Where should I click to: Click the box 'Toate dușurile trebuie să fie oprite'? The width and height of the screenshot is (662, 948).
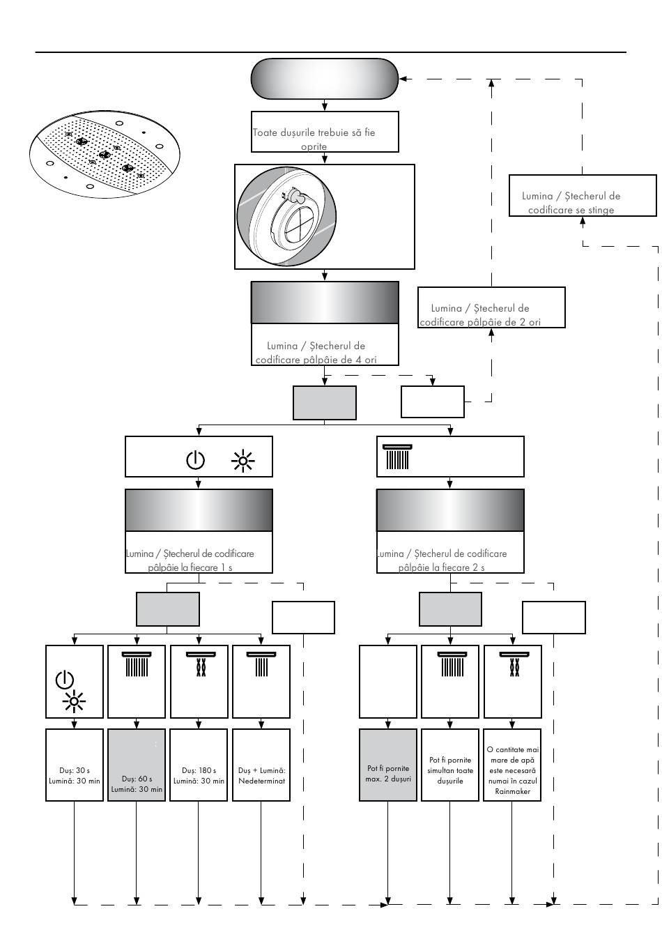(325, 132)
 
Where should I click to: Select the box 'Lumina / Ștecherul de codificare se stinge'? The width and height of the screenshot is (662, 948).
(582, 195)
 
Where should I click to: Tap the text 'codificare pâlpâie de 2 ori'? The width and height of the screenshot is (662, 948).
(480, 322)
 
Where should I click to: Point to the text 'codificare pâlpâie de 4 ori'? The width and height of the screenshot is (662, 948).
(316, 360)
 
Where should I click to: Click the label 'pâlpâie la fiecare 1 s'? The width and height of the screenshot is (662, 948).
(190, 567)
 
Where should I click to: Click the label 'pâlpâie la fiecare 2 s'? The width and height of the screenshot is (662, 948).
(441, 567)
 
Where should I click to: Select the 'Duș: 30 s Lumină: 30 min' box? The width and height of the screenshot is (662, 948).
(74, 765)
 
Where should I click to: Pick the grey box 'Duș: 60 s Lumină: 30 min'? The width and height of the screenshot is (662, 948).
(136, 765)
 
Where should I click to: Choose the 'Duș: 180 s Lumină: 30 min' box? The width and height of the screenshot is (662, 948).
(199, 765)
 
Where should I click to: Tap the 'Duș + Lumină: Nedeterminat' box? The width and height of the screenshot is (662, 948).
(261, 765)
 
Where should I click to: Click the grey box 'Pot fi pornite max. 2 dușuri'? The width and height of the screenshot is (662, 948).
(387, 765)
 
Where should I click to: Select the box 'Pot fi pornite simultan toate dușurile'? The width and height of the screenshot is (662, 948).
(449, 765)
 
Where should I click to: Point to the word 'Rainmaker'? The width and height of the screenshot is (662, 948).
(512, 791)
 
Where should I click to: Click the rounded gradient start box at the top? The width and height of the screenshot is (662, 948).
(325, 79)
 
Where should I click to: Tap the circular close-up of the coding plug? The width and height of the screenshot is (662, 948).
(286, 216)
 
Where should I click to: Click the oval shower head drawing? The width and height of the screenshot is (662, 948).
(105, 154)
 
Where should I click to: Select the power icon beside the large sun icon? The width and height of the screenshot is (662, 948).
(195, 460)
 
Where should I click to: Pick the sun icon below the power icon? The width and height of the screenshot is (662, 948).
(74, 702)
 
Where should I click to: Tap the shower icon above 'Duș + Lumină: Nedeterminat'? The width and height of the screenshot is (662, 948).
(261, 664)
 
